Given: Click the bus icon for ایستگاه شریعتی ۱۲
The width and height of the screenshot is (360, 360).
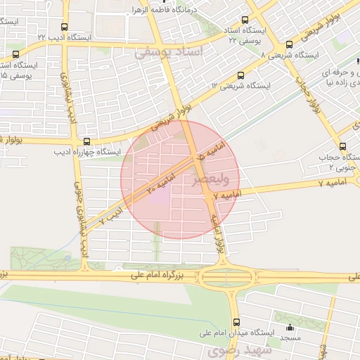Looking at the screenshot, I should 241,75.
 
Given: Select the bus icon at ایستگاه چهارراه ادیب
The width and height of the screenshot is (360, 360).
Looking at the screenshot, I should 86,141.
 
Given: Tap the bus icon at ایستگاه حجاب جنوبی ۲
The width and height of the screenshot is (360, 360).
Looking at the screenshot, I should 342,147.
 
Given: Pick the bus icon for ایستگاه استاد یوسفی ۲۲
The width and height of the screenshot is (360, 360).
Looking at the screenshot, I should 245,21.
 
